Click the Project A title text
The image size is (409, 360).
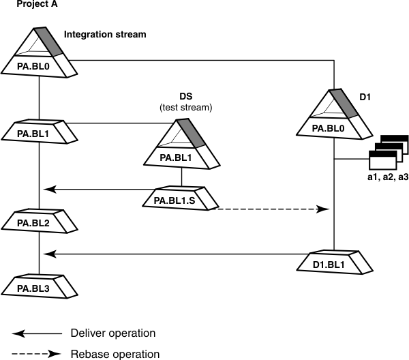coord(36,5)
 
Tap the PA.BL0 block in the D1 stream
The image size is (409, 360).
coord(333,127)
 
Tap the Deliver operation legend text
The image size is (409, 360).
coord(113,333)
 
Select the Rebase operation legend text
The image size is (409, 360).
coord(115,353)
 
